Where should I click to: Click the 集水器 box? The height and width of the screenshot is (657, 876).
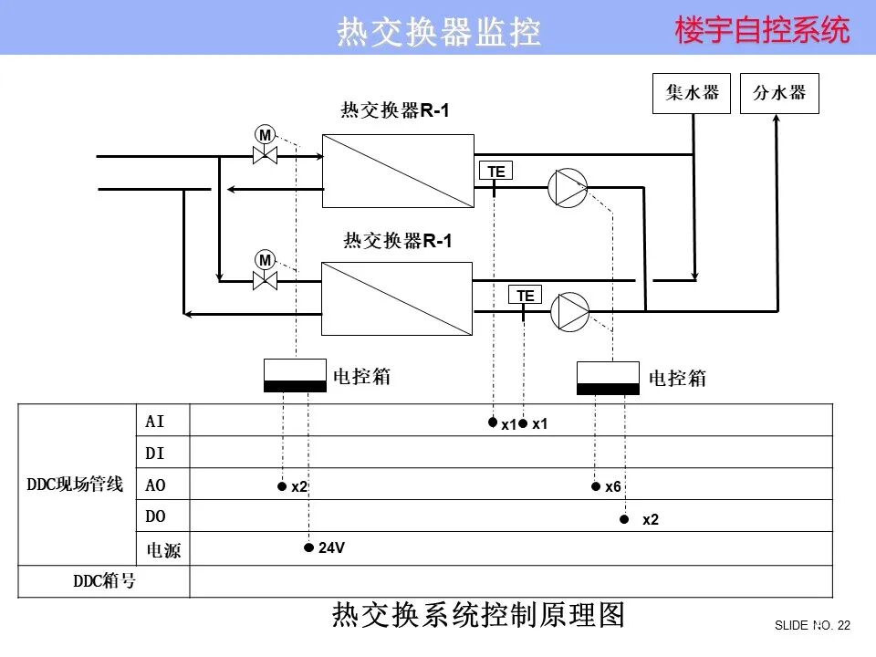692,93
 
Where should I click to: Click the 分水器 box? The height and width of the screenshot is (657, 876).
778,93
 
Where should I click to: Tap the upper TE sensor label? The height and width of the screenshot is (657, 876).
495,171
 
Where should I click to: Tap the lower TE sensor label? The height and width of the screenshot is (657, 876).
525,295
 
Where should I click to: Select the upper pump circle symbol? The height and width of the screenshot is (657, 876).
567,188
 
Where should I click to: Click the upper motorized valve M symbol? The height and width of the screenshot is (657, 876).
265,135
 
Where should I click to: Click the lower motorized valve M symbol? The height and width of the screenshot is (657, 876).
265,260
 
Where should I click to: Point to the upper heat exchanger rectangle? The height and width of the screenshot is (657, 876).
397,171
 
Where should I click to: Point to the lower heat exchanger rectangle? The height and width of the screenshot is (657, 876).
396,298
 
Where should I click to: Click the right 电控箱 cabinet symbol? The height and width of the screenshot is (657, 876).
608,378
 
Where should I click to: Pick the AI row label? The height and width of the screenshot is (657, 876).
155,421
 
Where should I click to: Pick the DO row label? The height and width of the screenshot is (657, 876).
156,516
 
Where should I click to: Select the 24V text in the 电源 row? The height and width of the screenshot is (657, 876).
331,547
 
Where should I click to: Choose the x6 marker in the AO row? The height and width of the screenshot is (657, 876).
612,487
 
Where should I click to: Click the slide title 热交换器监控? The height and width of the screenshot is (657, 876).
439,32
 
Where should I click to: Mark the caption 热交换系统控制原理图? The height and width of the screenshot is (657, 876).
478,616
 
